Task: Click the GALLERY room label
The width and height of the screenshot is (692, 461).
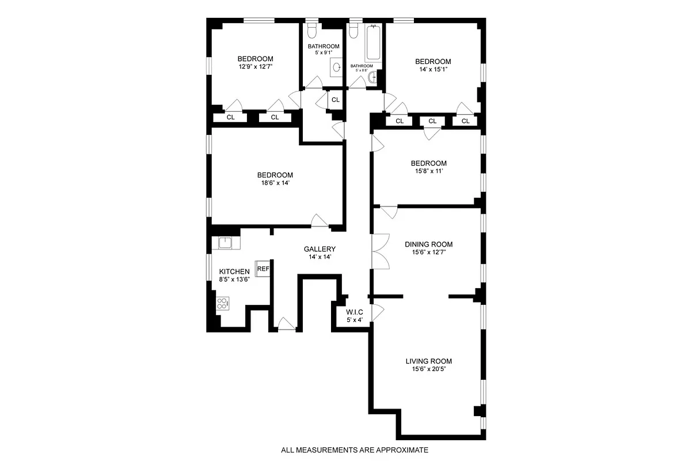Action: tap(320, 249)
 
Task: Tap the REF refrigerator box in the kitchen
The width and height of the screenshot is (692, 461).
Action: tap(263, 269)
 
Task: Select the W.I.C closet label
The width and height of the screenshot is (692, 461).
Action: tap(355, 312)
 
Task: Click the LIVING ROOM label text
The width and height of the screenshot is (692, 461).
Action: tap(428, 361)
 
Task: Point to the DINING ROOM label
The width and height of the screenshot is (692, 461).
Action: tap(428, 244)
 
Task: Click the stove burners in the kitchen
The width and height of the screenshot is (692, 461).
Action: tap(222, 303)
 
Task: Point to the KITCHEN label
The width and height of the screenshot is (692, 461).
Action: tap(234, 271)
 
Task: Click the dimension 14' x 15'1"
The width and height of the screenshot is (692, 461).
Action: tap(433, 70)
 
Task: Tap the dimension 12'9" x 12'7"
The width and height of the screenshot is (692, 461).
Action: tap(256, 67)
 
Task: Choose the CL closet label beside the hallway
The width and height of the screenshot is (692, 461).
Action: tap(336, 100)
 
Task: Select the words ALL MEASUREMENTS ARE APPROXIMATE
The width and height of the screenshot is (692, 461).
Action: tap(355, 450)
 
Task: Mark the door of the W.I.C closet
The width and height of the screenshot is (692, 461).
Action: tap(378, 312)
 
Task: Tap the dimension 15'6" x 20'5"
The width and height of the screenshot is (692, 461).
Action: tap(428, 369)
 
